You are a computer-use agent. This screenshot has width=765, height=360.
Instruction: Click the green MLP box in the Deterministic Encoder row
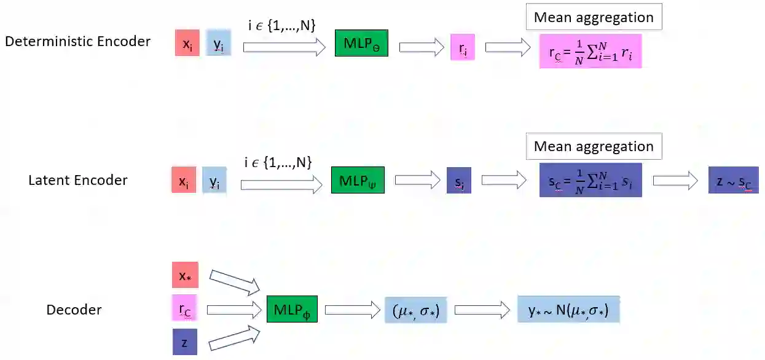coord(361,43)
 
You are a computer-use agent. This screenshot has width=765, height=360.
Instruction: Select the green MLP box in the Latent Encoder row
coord(358,180)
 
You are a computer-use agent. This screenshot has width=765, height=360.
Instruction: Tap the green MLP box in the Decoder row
coord(292,308)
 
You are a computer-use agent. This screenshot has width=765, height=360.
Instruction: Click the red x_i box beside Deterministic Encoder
coord(187,43)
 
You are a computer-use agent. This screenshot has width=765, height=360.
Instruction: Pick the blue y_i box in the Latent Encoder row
coord(214,181)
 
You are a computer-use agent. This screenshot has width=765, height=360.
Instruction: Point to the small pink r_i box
coord(462,47)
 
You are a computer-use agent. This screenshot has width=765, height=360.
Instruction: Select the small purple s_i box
coord(459,181)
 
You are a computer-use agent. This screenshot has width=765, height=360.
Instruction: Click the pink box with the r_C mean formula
coord(590,50)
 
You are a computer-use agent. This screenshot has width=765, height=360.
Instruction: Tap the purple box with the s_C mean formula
coord(590,180)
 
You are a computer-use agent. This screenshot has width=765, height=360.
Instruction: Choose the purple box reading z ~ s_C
coord(733,181)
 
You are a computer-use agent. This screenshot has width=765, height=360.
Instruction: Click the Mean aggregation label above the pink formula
coord(594,17)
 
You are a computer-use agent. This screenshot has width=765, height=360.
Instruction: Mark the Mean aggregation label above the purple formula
coord(594,146)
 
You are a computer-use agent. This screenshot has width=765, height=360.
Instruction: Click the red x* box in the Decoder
coord(185,275)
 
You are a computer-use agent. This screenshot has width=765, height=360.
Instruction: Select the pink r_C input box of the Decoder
coord(185,308)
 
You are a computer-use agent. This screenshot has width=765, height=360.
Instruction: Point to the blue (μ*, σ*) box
coord(415,310)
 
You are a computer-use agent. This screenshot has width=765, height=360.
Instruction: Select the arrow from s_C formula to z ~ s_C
coord(675,181)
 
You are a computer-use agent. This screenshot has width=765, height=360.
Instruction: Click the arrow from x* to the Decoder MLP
coord(235,281)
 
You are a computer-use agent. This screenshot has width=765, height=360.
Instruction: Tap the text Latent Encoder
coord(78,181)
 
